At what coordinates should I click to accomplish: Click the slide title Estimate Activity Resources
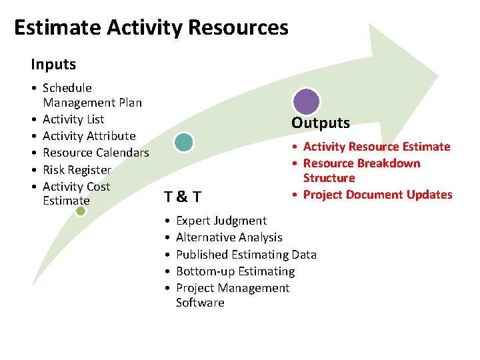point(151,28)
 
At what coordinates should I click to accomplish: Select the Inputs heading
point(53,65)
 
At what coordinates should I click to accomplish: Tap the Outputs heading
point(320,123)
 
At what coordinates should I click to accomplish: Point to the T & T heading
point(183,196)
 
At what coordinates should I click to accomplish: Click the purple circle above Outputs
point(307,101)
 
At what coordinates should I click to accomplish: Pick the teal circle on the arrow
point(183,141)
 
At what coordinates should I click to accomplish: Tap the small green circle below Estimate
point(81,211)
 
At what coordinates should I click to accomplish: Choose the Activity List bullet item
point(73,119)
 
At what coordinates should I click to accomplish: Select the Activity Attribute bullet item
point(89,136)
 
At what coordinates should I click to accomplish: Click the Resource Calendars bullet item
point(95,153)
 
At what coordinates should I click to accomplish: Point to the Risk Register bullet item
point(77,170)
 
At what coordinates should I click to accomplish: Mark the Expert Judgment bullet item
point(221,221)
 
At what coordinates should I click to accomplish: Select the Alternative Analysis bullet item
point(229,237)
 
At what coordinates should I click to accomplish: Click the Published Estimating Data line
point(246,254)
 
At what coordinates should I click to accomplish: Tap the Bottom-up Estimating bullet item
point(235,271)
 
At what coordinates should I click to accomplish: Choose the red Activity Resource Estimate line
point(377,147)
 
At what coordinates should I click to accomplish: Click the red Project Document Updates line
point(377,195)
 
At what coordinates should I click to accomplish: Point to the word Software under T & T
point(200,303)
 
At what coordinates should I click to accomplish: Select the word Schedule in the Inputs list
point(67,88)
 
